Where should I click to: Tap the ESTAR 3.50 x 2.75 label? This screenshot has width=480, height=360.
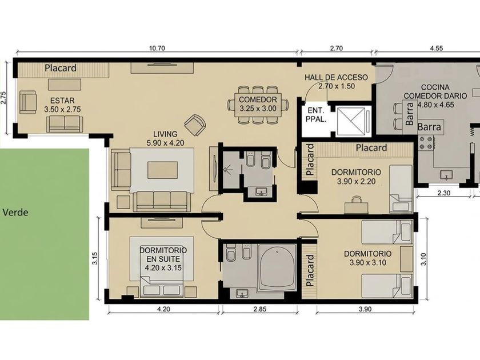tap(62, 105)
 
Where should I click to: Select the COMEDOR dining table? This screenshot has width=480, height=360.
tap(258, 105)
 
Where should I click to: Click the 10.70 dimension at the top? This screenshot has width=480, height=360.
tap(157, 48)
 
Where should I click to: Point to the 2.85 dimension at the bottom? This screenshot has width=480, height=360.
tap(259, 309)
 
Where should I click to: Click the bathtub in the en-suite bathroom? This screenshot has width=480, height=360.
tap(277, 267)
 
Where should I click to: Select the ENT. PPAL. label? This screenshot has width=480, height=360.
tap(316, 114)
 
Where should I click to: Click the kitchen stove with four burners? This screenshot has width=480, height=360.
tap(426, 143)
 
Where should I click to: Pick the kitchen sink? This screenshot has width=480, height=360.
tap(446, 175)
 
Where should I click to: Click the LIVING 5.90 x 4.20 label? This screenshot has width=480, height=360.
tap(165, 138)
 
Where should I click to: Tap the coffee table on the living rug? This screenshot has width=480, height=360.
tap(162, 170)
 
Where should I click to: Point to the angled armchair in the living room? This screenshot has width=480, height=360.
tap(195, 125)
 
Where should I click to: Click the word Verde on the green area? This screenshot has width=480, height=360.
tap(15, 212)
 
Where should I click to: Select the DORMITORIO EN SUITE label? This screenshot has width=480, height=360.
tap(163, 254)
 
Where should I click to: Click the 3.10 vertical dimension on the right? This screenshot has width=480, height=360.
tap(423, 259)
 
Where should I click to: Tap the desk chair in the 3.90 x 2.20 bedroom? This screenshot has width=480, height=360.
tap(355, 199)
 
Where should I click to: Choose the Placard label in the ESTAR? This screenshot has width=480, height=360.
tap(61, 68)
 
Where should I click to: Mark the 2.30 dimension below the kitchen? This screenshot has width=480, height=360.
tap(444, 193)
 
